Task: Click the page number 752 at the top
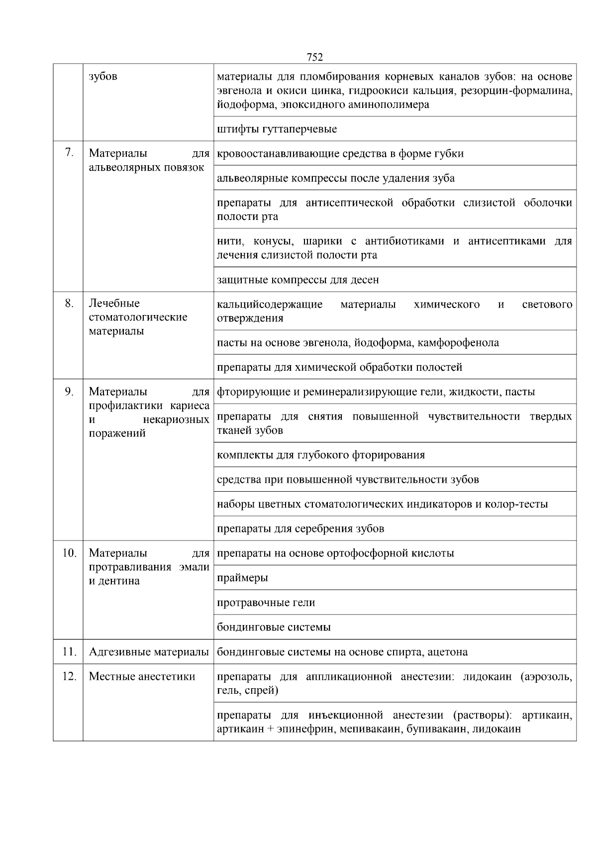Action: (315, 57)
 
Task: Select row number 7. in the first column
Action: (69, 153)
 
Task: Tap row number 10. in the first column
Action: (69, 553)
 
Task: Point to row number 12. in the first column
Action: (69, 676)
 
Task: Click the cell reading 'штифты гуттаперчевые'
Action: (277, 129)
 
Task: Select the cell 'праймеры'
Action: (242, 578)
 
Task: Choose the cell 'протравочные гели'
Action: (266, 603)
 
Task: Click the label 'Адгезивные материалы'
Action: (148, 652)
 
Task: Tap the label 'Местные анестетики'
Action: (142, 676)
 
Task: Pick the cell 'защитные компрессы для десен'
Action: (298, 280)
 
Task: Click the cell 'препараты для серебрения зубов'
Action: (300, 528)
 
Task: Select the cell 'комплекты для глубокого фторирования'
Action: (321, 455)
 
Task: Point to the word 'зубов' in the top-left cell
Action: (103, 77)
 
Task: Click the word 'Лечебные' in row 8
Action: (114, 303)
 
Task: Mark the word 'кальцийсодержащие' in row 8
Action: (270, 304)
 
